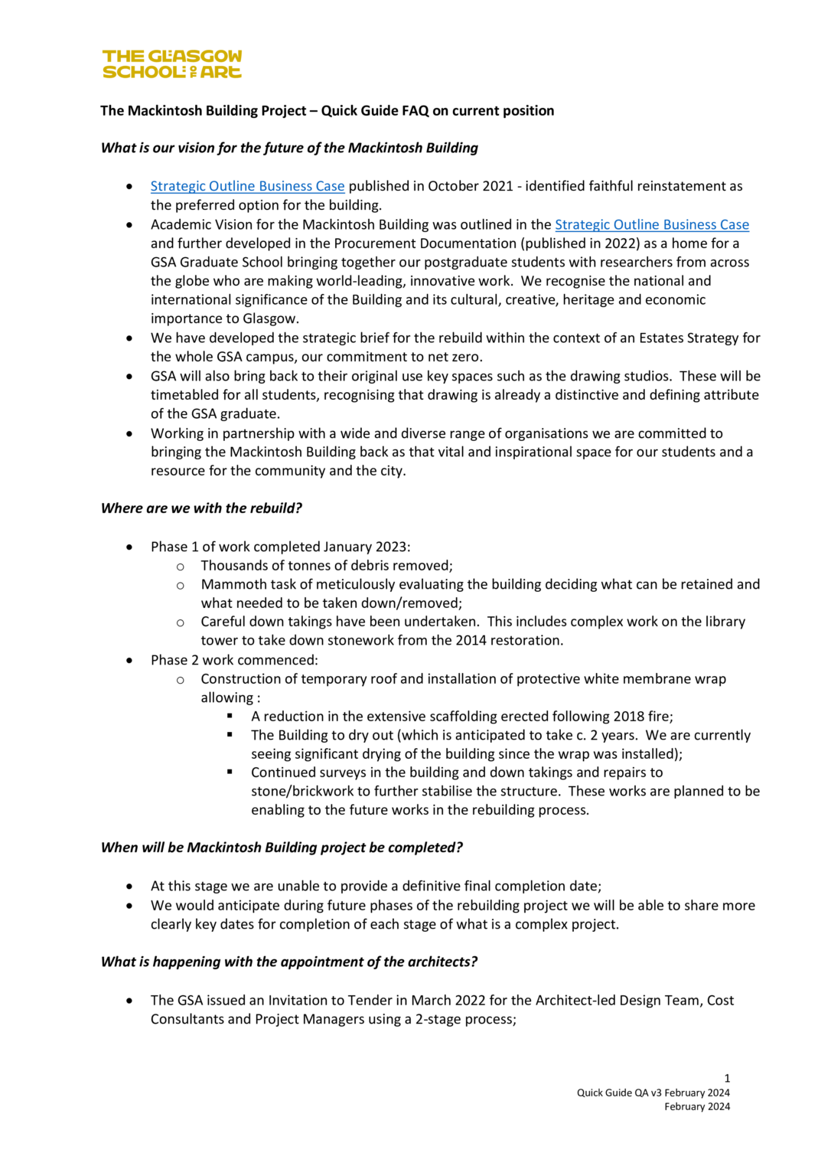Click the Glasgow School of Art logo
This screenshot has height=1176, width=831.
(x=172, y=64)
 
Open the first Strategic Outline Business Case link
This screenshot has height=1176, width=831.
(x=247, y=186)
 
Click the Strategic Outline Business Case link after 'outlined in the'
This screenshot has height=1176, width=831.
(x=651, y=224)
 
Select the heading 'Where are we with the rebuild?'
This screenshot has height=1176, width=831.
(x=201, y=508)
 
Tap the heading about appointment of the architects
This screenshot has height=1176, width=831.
(x=289, y=962)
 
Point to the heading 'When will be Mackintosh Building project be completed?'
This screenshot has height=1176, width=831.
(x=282, y=848)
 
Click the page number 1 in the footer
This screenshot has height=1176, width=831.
(x=727, y=1078)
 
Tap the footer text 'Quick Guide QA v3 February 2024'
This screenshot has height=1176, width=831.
(x=653, y=1093)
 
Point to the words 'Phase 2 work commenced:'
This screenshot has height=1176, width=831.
(x=234, y=660)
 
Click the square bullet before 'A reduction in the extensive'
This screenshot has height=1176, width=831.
(x=230, y=716)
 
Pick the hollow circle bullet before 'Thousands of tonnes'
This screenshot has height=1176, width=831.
(x=181, y=567)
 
